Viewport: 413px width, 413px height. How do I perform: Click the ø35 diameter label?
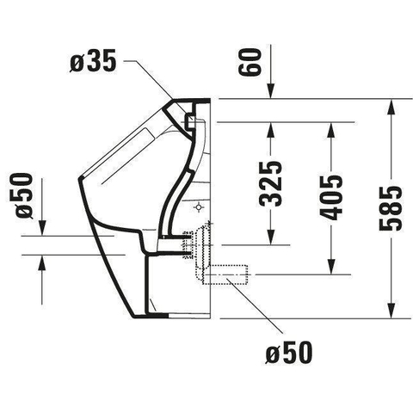pos(93,61)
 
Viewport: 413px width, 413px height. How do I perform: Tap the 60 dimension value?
pos(250,62)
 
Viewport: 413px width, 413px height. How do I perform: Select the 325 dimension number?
pos(270,184)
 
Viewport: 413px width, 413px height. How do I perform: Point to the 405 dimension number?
pos(330,197)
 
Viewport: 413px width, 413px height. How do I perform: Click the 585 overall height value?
pos(391,208)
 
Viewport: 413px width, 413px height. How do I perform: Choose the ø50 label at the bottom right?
pos(288,352)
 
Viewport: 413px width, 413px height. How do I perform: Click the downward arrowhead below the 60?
pos(270,91)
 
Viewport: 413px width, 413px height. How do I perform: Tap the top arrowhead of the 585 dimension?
pos(391,107)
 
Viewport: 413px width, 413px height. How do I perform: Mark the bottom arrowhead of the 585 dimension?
pos(391,311)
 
